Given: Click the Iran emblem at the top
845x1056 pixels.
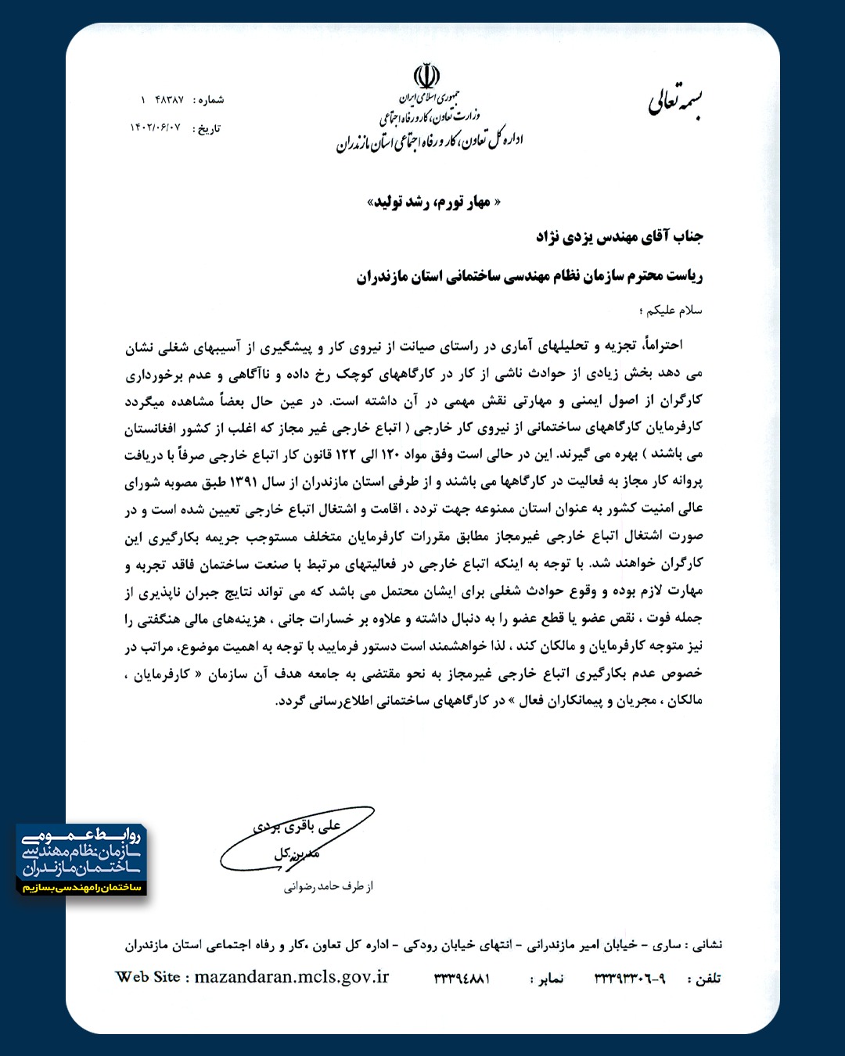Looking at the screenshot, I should pyautogui.click(x=426, y=77).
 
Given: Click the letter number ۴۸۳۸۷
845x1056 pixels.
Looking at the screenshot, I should pyautogui.click(x=169, y=99).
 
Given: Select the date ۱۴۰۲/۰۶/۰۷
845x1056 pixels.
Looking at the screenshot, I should pyautogui.click(x=155, y=128).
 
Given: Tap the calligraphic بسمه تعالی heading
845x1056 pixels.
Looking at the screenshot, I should pyautogui.click(x=675, y=102).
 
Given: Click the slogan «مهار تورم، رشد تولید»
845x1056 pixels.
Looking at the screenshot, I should pyautogui.click(x=433, y=203).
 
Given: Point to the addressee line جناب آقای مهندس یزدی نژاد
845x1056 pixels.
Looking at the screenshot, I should pyautogui.click(x=619, y=236).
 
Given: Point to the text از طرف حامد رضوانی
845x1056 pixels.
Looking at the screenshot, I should pyautogui.click(x=329, y=886).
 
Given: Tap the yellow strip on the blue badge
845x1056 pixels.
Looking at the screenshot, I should pyautogui.click(x=81, y=887).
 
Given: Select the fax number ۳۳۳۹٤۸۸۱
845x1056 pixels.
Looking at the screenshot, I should pyautogui.click(x=462, y=979).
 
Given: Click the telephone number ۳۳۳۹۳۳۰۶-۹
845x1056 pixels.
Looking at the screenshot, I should pyautogui.click(x=630, y=979).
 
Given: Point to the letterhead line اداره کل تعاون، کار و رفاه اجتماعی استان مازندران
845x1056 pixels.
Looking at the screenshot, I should pyautogui.click(x=430, y=142).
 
